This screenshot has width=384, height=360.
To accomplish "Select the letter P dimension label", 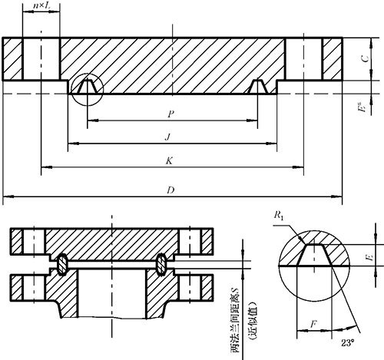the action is tap(170, 114).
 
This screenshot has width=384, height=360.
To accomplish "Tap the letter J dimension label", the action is tap(167, 137).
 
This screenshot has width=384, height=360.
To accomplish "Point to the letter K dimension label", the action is tap(169, 161).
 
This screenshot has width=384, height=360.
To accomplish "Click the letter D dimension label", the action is tap(170, 190).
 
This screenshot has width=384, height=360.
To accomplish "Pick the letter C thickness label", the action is tap(366, 58).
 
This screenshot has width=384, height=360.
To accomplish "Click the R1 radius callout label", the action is tap(279, 216).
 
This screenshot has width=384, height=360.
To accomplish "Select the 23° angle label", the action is tap(348, 343).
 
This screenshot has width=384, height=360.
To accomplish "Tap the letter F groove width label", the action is tap(313, 325).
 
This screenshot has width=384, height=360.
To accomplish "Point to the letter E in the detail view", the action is tap(370, 256).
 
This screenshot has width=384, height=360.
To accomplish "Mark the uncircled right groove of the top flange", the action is tap(258, 87).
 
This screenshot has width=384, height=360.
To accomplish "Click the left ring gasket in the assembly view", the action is tap(62, 265).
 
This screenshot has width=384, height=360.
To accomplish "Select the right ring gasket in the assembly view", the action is tap(161, 265).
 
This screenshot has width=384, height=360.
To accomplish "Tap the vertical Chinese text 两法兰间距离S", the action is tap(236, 320).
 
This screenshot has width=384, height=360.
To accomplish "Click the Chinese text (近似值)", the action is tap(253, 321).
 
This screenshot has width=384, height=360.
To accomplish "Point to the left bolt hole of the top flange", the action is tap(41, 59).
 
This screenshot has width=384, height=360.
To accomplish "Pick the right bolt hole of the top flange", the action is tap(303, 59).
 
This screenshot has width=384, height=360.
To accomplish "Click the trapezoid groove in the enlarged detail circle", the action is tap(314, 255).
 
